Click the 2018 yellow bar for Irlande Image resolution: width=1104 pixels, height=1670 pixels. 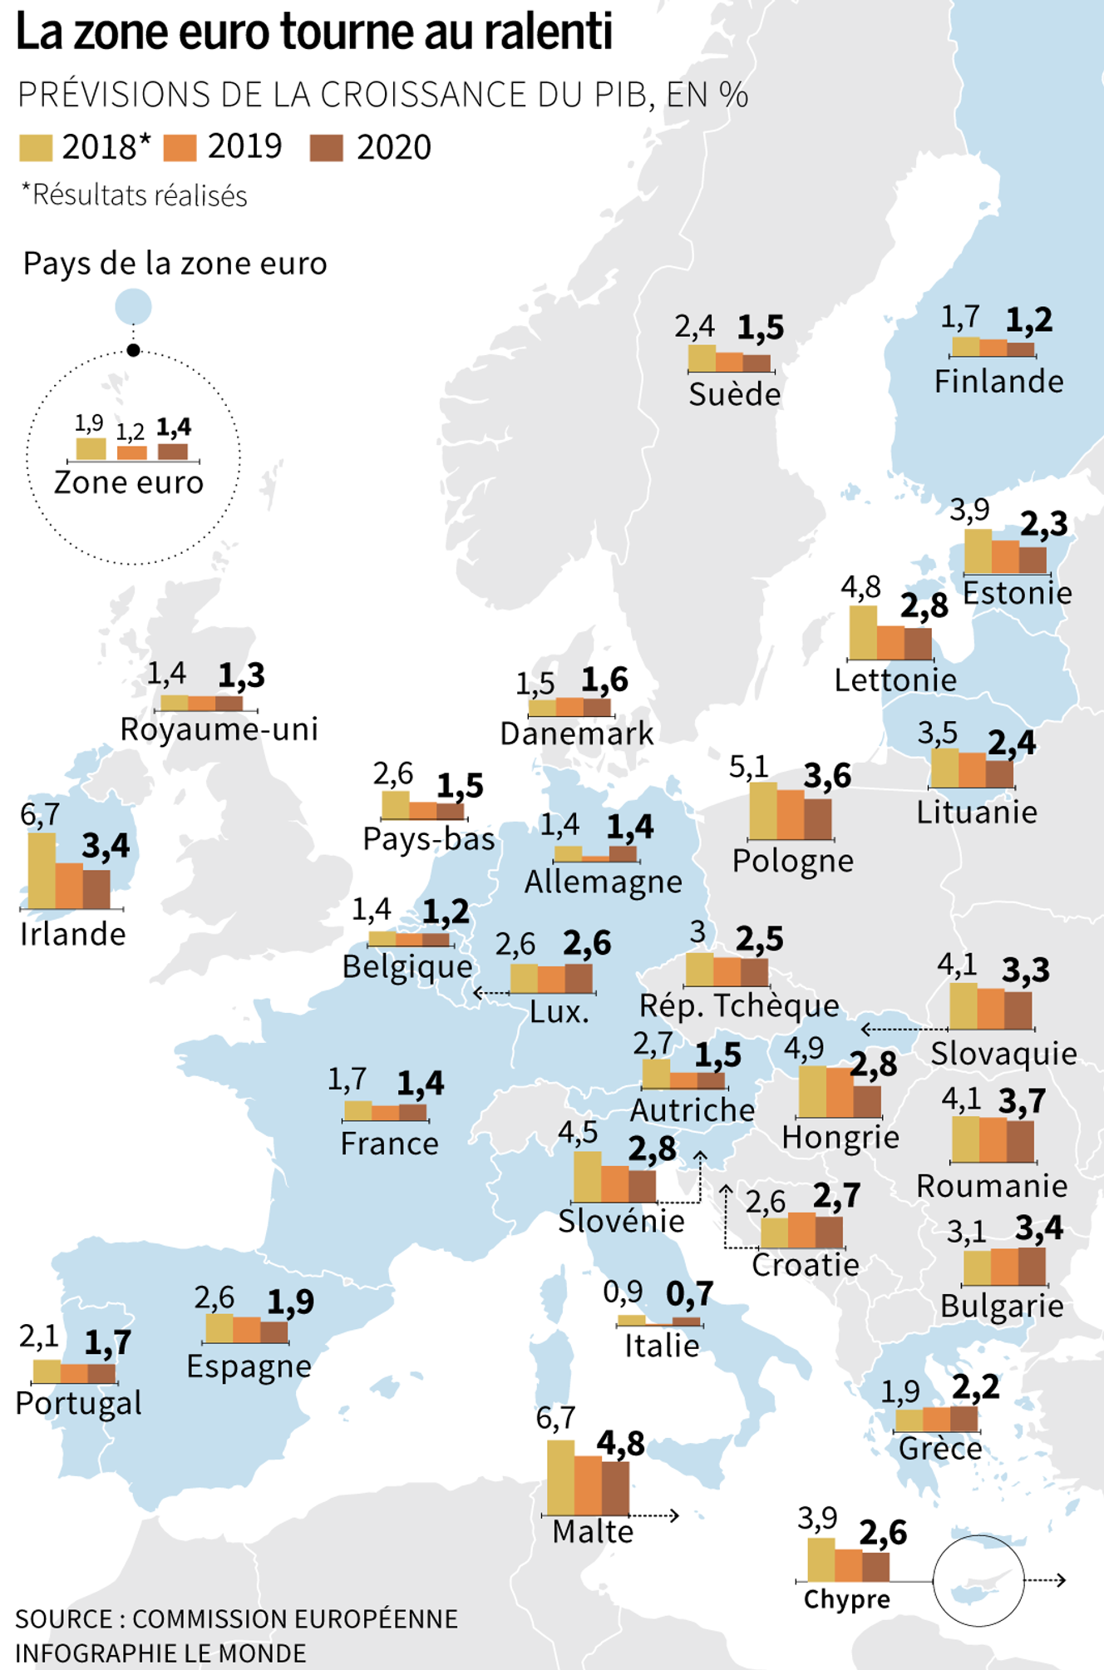coord(42,870)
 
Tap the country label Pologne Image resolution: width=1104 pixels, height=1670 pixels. coord(792,861)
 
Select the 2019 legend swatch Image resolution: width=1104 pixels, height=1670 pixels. coord(180,148)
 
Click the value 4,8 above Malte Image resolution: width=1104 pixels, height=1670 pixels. coord(620,1444)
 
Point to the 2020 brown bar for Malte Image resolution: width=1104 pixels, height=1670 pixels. coord(615,1487)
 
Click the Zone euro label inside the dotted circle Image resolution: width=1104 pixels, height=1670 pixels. coord(129,482)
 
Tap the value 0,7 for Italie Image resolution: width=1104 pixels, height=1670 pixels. coord(689,1294)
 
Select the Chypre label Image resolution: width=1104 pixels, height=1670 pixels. coord(846,1598)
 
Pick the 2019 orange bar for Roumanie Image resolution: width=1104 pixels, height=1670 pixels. coord(993,1139)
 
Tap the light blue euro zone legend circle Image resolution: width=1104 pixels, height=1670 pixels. coord(133,307)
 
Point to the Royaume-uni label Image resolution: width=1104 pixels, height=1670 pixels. coord(219,729)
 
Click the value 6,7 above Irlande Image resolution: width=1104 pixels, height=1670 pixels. coord(39,815)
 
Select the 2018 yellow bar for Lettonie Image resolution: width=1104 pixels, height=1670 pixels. coord(863,632)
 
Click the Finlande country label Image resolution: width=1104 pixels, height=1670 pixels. coord(998,382)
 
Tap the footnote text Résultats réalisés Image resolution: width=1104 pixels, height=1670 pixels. coord(140,195)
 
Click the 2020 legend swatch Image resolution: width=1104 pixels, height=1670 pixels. coord(326,148)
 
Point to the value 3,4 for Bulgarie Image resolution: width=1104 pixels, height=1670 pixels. coord(1038,1228)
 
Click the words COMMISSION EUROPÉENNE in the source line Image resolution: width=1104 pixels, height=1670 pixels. coord(295,1618)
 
